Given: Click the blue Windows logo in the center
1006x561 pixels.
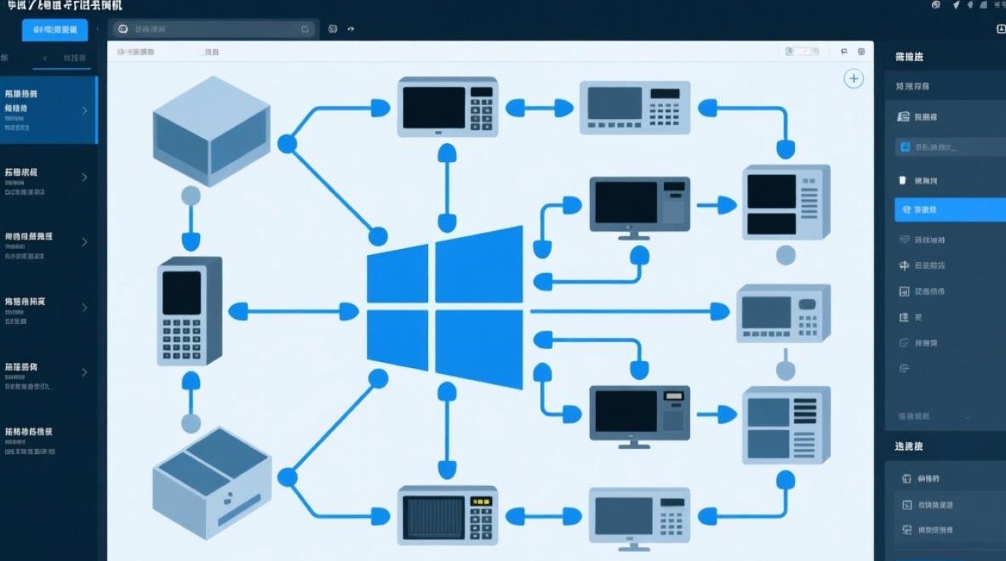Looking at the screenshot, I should (445, 307).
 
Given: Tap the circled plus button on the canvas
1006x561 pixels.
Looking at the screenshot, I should (853, 79).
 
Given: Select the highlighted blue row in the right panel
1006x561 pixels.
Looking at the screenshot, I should (950, 209).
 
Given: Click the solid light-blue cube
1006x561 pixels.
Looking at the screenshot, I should (211, 131).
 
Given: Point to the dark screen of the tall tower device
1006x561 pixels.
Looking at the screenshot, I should (182, 292).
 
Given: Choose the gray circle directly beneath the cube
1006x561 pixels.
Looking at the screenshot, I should (191, 196).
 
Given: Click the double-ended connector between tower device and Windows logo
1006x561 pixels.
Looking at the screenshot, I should (293, 311).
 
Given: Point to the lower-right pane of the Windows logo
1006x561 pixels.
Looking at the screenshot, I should (479, 349).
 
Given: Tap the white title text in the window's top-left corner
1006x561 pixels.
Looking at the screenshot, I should (64, 5).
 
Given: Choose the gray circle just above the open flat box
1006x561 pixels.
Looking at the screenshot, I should (191, 423).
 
